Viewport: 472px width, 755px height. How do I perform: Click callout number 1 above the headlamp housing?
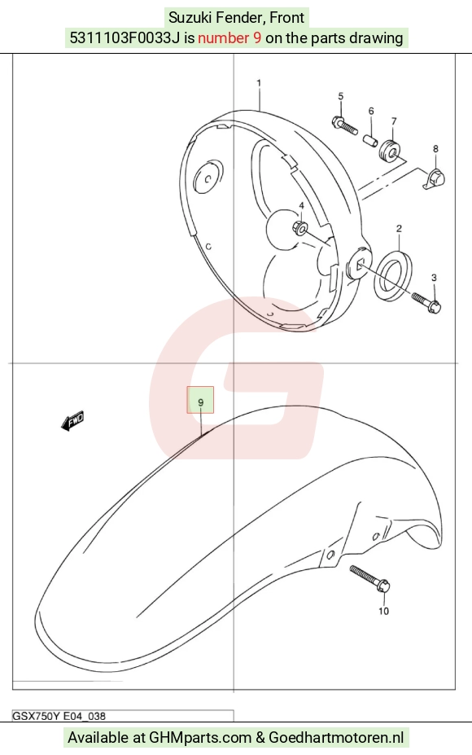[x=259, y=83]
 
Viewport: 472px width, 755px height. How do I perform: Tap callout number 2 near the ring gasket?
[x=399, y=228]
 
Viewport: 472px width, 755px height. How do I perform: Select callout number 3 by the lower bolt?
[x=434, y=278]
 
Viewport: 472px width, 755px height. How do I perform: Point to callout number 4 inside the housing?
[x=301, y=206]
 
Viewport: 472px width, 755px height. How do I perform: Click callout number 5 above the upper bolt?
[x=341, y=96]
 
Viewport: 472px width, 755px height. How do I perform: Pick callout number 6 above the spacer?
[x=371, y=112]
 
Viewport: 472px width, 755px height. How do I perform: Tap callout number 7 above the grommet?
[x=394, y=121]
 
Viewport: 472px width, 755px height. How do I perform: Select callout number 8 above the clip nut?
[x=435, y=149]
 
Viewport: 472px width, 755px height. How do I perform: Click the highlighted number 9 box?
[x=201, y=400]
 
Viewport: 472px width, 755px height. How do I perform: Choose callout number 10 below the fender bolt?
[x=383, y=611]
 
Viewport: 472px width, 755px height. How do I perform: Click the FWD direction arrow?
[x=72, y=420]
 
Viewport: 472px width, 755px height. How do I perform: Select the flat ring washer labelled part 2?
[x=393, y=273]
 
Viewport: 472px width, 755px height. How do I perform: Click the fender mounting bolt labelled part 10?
[x=369, y=578]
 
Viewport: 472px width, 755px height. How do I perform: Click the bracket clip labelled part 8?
[x=435, y=178]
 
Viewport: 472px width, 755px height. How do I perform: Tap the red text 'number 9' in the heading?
[x=229, y=38]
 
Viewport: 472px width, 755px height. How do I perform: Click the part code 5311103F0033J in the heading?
[x=125, y=38]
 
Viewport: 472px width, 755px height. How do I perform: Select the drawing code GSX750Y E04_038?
[x=59, y=716]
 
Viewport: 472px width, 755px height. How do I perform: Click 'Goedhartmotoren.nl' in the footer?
[x=336, y=737]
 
